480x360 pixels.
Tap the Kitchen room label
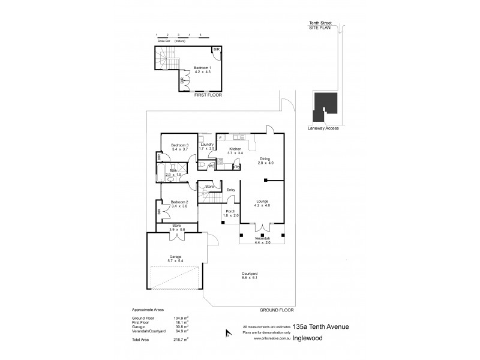coord(235,148)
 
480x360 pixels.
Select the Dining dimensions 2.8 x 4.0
coord(265,163)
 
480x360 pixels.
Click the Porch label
coord(232,211)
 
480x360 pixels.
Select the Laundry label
coord(208,145)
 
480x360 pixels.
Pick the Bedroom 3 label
coord(180,145)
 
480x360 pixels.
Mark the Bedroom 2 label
coord(179,202)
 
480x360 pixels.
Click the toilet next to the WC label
coord(203,163)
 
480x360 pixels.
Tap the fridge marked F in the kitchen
coord(220,138)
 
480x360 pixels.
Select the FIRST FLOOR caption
coord(206,95)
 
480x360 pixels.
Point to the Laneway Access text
coord(323,127)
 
